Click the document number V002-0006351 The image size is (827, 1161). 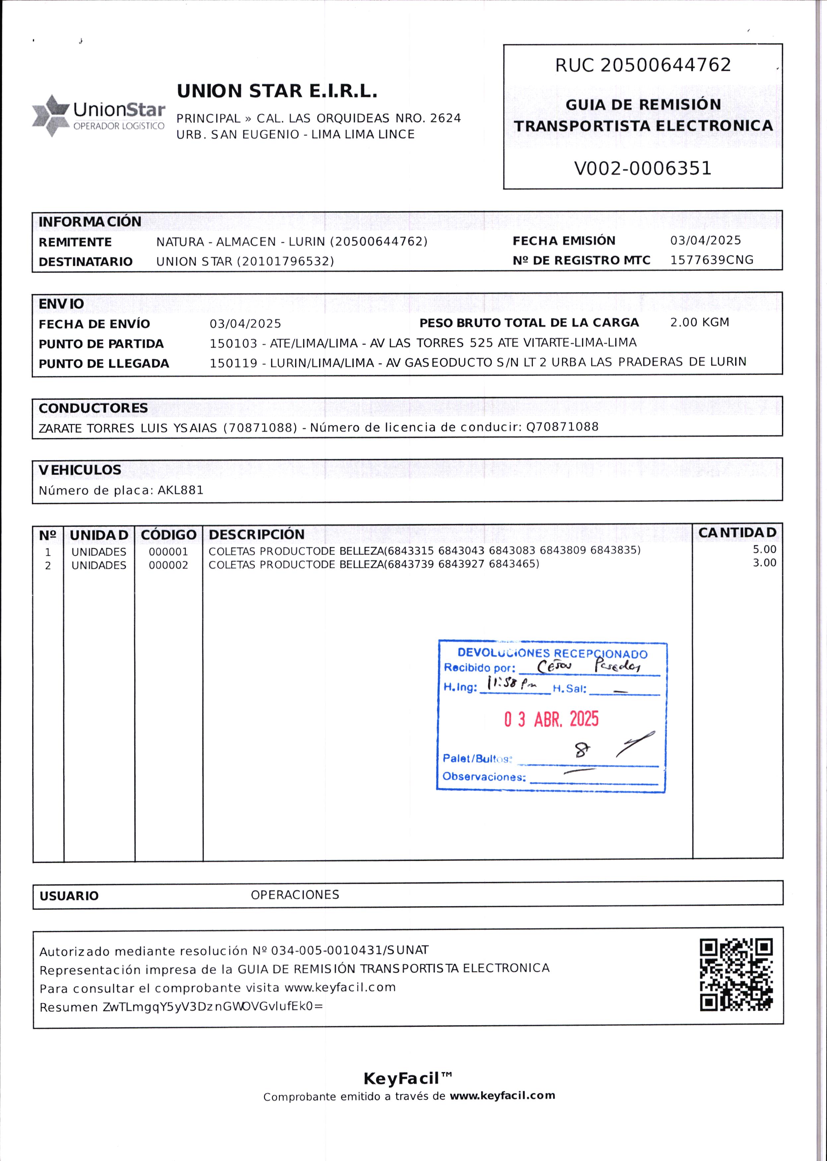pyautogui.click(x=642, y=168)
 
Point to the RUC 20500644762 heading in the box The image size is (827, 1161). pyautogui.click(x=643, y=65)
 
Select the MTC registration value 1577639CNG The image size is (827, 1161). pyautogui.click(x=711, y=260)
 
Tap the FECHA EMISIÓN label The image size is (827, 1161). pyautogui.click(x=564, y=241)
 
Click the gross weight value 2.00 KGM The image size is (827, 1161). pyautogui.click(x=699, y=322)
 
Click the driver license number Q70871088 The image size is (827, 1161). pyautogui.click(x=562, y=426)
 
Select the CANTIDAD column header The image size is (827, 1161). pyautogui.click(x=737, y=532)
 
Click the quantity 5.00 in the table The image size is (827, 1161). pyautogui.click(x=764, y=549)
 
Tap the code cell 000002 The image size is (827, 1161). pyautogui.click(x=168, y=565)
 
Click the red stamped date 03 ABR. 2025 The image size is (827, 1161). pyautogui.click(x=551, y=719)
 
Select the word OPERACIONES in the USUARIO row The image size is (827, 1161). pyautogui.click(x=295, y=895)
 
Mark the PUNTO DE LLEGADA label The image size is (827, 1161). pyautogui.click(x=104, y=363)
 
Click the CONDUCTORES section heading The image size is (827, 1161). pyautogui.click(x=93, y=408)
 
